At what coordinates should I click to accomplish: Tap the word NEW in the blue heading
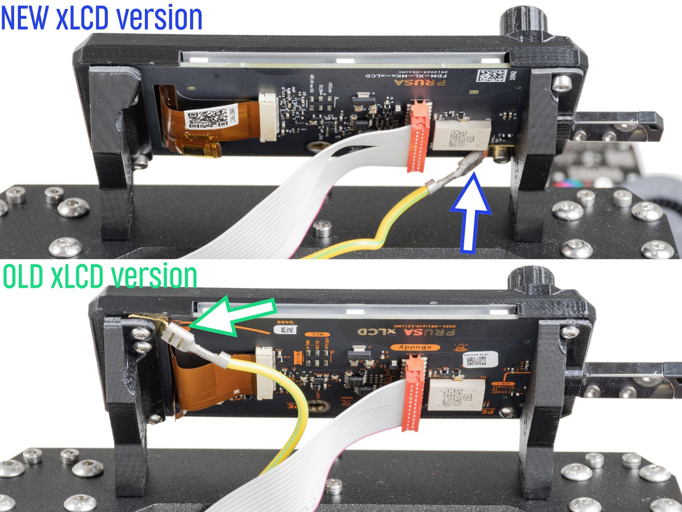[25, 17]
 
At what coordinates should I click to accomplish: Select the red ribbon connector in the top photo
[419, 137]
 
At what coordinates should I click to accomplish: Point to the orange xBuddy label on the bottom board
[415, 348]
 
